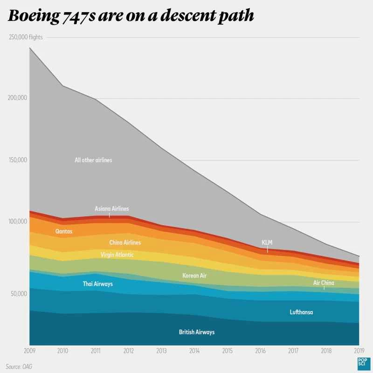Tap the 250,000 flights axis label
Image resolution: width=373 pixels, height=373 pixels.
[x=26, y=37]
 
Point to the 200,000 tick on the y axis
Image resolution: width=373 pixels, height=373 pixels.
[x=19, y=98]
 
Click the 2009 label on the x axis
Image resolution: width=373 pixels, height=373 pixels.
[x=29, y=350]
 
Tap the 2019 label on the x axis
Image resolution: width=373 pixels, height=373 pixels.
[x=359, y=350]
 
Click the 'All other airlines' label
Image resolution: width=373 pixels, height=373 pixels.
[x=93, y=160]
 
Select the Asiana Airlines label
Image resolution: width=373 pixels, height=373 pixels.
[x=111, y=208]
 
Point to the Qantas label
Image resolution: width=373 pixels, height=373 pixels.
[x=64, y=231]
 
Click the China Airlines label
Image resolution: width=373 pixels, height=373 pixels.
[x=125, y=242]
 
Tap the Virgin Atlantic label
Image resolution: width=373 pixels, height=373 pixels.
[x=117, y=255]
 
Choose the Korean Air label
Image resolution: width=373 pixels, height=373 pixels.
[x=194, y=276]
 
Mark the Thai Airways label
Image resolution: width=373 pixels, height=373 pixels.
[x=97, y=283]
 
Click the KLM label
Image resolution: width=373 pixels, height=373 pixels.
[x=267, y=242]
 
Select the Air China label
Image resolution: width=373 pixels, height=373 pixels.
[x=324, y=283]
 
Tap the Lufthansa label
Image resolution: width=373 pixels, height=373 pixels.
[x=301, y=312]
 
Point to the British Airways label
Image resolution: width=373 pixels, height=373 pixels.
[x=197, y=332]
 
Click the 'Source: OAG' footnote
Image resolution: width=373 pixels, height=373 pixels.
[x=19, y=366]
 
